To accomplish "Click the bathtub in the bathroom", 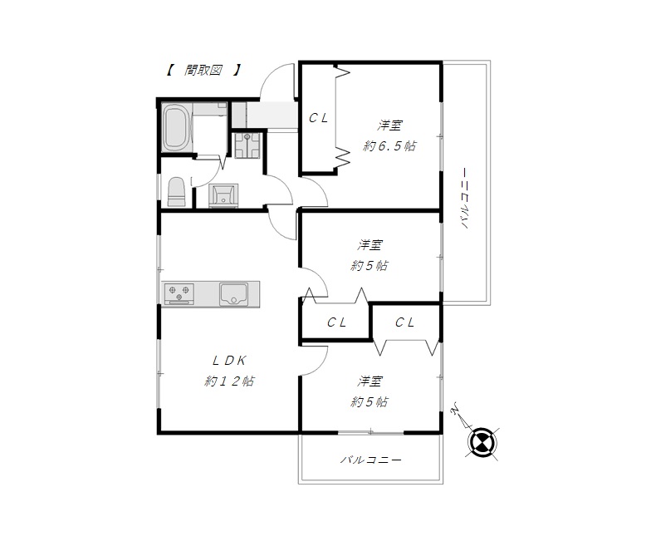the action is click(176, 128).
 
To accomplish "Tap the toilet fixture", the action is click(176, 192).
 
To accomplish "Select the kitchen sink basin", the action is click(233, 294).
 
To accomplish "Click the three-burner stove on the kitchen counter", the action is click(179, 293).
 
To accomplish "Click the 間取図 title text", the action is click(203, 70).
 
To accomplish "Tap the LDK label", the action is click(229, 361).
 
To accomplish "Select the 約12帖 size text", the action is click(229, 381).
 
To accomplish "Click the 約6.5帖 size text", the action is click(389, 146).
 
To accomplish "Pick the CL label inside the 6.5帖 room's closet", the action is click(319, 118).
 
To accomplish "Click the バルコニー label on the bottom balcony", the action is click(371, 460).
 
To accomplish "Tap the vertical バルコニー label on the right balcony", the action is click(465, 198).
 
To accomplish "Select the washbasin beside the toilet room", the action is click(223, 195).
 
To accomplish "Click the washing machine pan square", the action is click(247, 145).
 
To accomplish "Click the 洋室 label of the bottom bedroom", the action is click(369, 381).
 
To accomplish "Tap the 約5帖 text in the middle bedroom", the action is click(369, 266).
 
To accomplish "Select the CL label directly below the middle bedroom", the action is click(336, 322).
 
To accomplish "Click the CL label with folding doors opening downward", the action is click(404, 322).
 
